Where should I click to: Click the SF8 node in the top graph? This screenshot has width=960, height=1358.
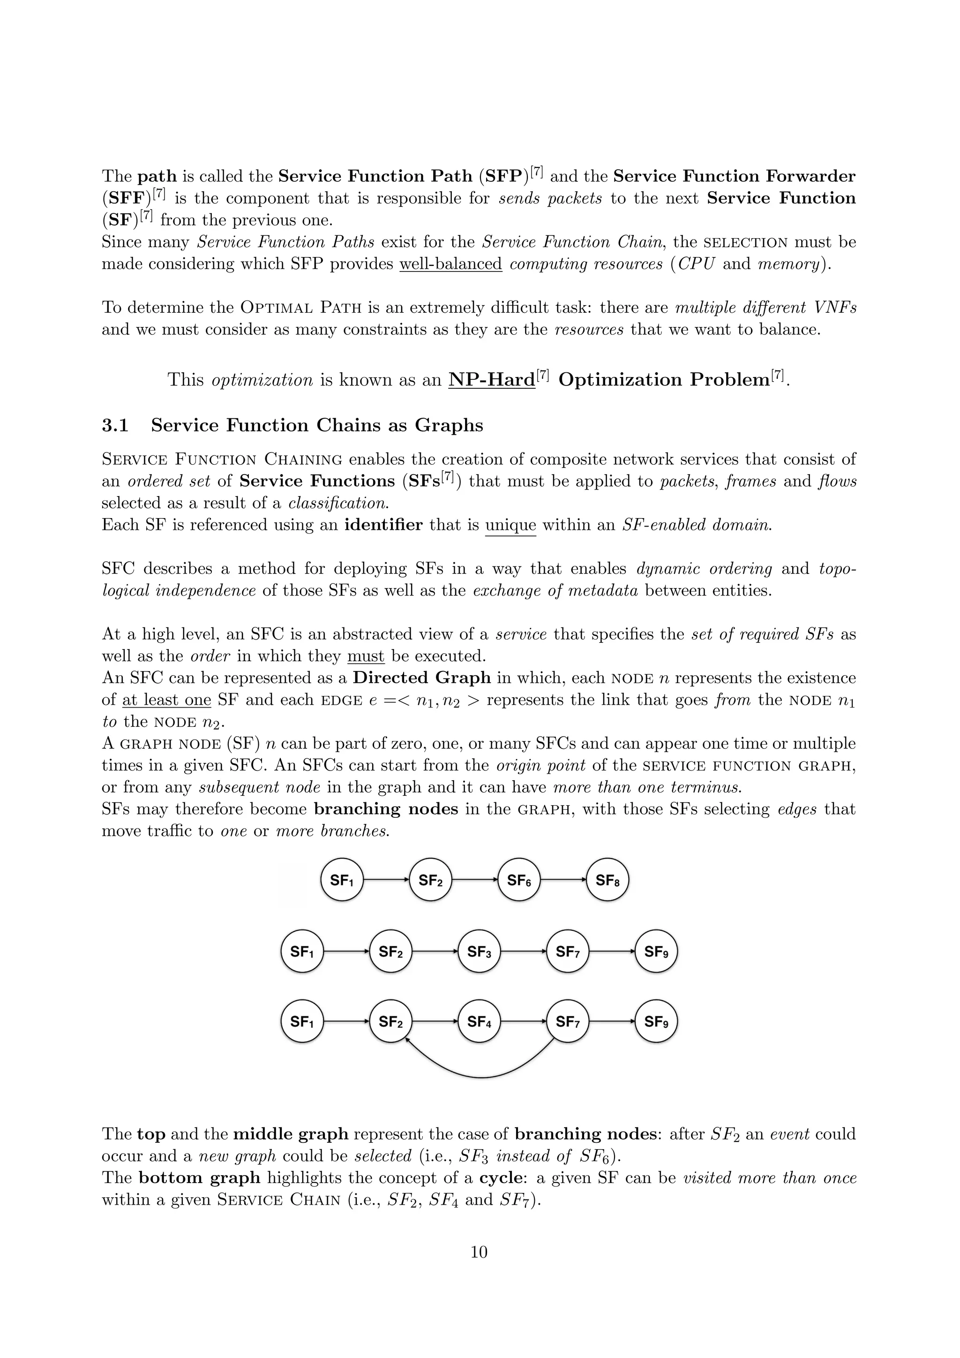[x=607, y=880]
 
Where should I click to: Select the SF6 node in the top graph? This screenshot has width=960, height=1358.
[x=519, y=880]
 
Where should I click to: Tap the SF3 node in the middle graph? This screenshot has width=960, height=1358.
[x=479, y=951]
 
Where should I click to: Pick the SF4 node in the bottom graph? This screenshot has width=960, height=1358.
[x=479, y=1021]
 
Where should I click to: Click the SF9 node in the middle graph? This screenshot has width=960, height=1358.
[x=656, y=951]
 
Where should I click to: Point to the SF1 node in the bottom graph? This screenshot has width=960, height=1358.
[x=301, y=1021]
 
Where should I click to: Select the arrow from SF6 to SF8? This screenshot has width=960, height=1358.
[x=563, y=880]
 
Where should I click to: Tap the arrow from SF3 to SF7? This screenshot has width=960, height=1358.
[x=523, y=951]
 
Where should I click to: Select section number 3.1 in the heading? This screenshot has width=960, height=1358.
[x=115, y=425]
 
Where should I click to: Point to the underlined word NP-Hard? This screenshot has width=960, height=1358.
[x=491, y=380]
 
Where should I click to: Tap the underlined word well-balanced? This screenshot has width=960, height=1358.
[x=450, y=264]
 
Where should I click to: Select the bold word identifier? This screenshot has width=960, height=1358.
[x=383, y=525]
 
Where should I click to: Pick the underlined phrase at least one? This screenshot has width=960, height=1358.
[x=167, y=700]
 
